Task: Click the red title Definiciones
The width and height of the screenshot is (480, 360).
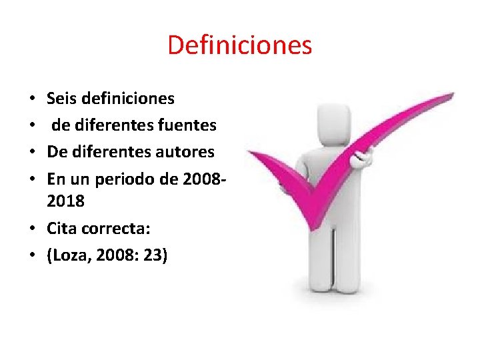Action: click(x=239, y=45)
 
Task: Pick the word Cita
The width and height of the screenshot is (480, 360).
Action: click(x=61, y=229)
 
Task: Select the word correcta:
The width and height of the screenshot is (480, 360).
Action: click(x=116, y=229)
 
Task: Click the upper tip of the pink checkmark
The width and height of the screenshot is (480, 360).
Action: click(x=449, y=95)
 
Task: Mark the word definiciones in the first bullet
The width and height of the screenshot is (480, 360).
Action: click(x=126, y=99)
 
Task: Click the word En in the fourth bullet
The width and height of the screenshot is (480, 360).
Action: click(x=56, y=178)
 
